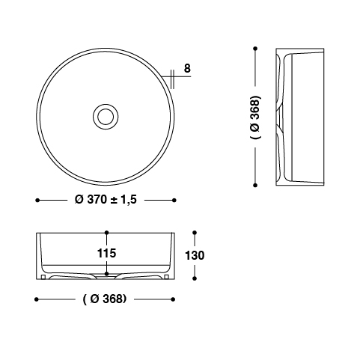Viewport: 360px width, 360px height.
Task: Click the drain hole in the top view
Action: pyautogui.click(x=106, y=117)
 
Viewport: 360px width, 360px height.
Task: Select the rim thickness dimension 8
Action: pyautogui.click(x=187, y=68)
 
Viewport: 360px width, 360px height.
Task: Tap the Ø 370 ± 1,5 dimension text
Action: pyautogui.click(x=106, y=200)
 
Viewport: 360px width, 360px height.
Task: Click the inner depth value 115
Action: pyautogui.click(x=106, y=253)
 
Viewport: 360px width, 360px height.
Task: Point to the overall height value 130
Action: pyautogui.click(x=195, y=255)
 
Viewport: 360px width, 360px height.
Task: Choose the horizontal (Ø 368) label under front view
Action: pyautogui.click(x=105, y=299)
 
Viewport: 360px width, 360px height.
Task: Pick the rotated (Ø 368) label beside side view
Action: pyautogui.click(x=255, y=117)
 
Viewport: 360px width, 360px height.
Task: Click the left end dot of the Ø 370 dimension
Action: pyautogui.click(x=37, y=200)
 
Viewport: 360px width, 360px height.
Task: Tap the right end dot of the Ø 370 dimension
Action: pyautogui.click(x=174, y=200)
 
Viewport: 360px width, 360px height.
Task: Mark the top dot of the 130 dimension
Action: pyautogui.click(x=195, y=233)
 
